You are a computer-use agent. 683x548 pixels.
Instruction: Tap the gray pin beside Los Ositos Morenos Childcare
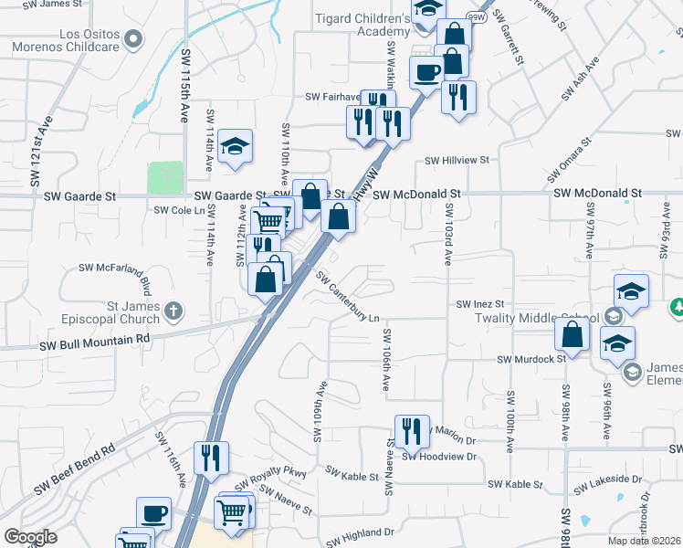click(134, 39)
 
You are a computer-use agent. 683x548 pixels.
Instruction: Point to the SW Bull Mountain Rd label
click(94, 342)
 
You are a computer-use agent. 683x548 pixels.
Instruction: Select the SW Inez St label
click(481, 303)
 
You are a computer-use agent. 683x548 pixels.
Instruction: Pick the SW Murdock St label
click(531, 359)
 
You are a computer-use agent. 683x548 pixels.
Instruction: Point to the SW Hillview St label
click(455, 160)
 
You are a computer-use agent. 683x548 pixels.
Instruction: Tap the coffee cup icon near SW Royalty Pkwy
click(153, 514)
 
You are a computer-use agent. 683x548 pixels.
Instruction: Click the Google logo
click(30, 537)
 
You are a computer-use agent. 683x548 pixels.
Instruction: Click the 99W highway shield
click(476, 16)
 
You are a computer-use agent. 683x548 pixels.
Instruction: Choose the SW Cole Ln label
click(175, 210)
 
